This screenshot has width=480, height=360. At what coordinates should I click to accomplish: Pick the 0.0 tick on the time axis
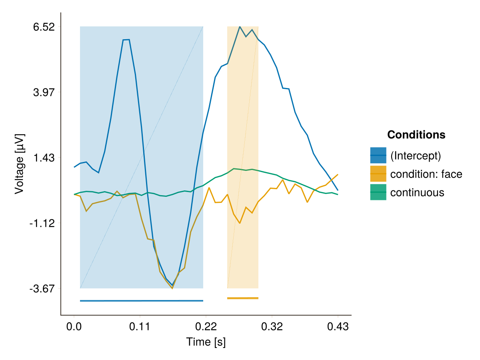click(74, 327)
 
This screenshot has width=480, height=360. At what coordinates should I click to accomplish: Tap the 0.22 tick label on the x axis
click(206, 327)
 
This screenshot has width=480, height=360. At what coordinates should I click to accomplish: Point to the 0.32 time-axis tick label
click(272, 327)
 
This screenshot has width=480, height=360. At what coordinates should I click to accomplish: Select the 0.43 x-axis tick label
click(338, 327)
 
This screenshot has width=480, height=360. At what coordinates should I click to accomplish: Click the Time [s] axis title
click(206, 342)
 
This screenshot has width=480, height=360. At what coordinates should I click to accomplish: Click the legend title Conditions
click(416, 135)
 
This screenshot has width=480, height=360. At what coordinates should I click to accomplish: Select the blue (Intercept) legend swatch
click(378, 155)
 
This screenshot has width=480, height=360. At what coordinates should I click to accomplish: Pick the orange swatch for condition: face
click(378, 174)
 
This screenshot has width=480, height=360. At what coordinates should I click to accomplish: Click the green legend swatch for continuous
click(378, 192)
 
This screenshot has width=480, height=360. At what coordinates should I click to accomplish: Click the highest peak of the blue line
click(240, 27)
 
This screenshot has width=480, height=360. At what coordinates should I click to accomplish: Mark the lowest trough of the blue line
click(172, 285)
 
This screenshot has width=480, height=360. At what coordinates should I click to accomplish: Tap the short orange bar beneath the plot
click(243, 298)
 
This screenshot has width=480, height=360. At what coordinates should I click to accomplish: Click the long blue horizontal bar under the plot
click(142, 301)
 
